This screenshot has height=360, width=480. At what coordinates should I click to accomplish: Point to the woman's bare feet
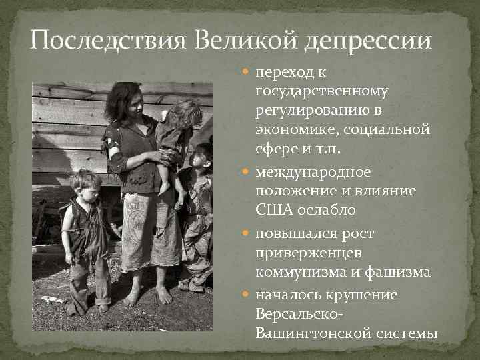(x=148, y=295)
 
